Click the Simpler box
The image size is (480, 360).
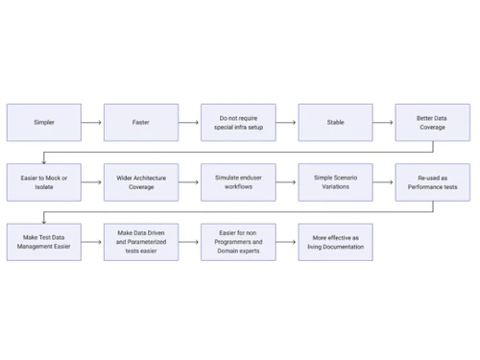[44, 123]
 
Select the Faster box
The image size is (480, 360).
[141, 123]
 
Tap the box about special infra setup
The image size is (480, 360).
[238, 123]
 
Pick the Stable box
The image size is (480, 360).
[335, 123]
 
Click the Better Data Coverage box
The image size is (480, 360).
[431, 123]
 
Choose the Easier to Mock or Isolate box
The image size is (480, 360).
[44, 181]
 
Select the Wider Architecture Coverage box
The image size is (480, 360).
[141, 181]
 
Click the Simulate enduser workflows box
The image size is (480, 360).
[238, 181]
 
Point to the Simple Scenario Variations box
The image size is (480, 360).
[335, 181]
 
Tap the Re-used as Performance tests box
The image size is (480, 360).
[431, 181]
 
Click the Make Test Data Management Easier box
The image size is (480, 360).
[44, 241]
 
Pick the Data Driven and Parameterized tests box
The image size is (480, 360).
[141, 241]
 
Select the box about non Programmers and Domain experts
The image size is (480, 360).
[238, 241]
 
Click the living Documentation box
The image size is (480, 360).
[335, 241]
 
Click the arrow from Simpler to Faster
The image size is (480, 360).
[92, 123]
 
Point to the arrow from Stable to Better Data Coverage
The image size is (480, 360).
[383, 123]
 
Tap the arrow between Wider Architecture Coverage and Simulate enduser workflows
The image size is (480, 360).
[189, 181]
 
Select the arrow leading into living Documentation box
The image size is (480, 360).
[286, 241]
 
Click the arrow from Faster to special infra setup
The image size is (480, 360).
[189, 123]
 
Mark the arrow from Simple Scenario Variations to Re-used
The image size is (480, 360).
[383, 181]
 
